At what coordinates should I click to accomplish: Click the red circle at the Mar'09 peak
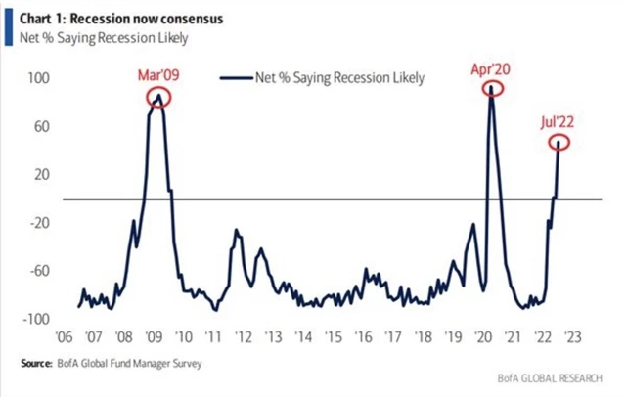coord(158,96)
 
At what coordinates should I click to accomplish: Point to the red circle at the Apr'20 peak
coord(492,88)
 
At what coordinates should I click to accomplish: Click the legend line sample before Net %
coord(235,79)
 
